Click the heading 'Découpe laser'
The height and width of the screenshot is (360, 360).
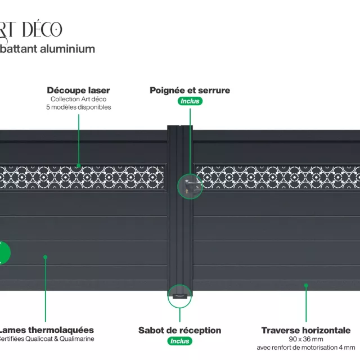pyautogui.click(x=78, y=90)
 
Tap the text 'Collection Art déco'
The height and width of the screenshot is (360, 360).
pyautogui.click(x=78, y=99)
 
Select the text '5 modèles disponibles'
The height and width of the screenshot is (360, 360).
pyautogui.click(x=78, y=107)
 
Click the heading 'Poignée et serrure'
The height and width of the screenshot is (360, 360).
pyautogui.click(x=190, y=90)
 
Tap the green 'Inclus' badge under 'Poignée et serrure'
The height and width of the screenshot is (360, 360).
pyautogui.click(x=190, y=101)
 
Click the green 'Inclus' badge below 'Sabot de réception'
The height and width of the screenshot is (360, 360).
pyautogui.click(x=180, y=341)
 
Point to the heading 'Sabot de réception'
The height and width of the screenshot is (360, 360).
pyautogui.click(x=180, y=330)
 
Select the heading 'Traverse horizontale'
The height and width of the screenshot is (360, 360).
pyautogui.click(x=306, y=330)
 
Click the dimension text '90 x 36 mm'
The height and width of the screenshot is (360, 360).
pyautogui.click(x=306, y=339)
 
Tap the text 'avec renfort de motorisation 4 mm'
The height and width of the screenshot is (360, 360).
pyautogui.click(x=306, y=347)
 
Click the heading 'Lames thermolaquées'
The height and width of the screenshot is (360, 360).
pyautogui.click(x=46, y=330)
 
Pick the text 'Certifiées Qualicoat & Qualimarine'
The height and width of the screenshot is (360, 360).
pyautogui.click(x=46, y=339)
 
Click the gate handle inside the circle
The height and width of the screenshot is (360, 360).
pyautogui.click(x=191, y=186)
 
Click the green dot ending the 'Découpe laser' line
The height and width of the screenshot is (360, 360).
pyautogui.click(x=78, y=166)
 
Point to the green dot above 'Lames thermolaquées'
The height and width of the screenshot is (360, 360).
pyautogui.click(x=46, y=257)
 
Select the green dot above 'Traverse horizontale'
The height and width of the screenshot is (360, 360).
pyautogui.click(x=306, y=285)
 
